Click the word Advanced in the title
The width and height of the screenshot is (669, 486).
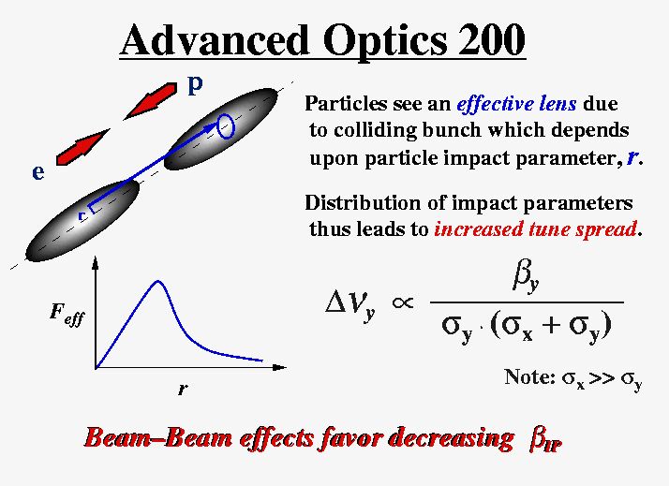click(x=215, y=39)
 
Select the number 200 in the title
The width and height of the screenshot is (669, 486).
click(x=492, y=39)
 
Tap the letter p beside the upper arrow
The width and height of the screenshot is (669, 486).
click(x=195, y=86)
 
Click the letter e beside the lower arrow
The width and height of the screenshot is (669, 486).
click(x=38, y=172)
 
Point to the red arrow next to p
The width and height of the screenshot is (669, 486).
click(x=150, y=101)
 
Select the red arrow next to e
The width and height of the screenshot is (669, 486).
click(x=82, y=147)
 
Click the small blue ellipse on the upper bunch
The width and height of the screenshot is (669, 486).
click(x=226, y=126)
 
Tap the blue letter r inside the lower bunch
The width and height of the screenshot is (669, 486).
click(x=82, y=215)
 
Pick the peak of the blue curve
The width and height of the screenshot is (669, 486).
click(x=158, y=281)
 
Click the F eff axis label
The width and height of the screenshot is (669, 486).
click(x=67, y=315)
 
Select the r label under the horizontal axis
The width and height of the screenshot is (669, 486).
click(x=183, y=389)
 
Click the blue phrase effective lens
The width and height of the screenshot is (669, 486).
click(x=516, y=104)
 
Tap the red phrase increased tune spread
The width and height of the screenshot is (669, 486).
click(x=535, y=228)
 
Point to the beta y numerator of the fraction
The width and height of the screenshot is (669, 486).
click(x=527, y=280)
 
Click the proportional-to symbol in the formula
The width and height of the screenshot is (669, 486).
click(x=403, y=302)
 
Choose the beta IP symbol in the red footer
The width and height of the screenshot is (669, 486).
click(x=544, y=441)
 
